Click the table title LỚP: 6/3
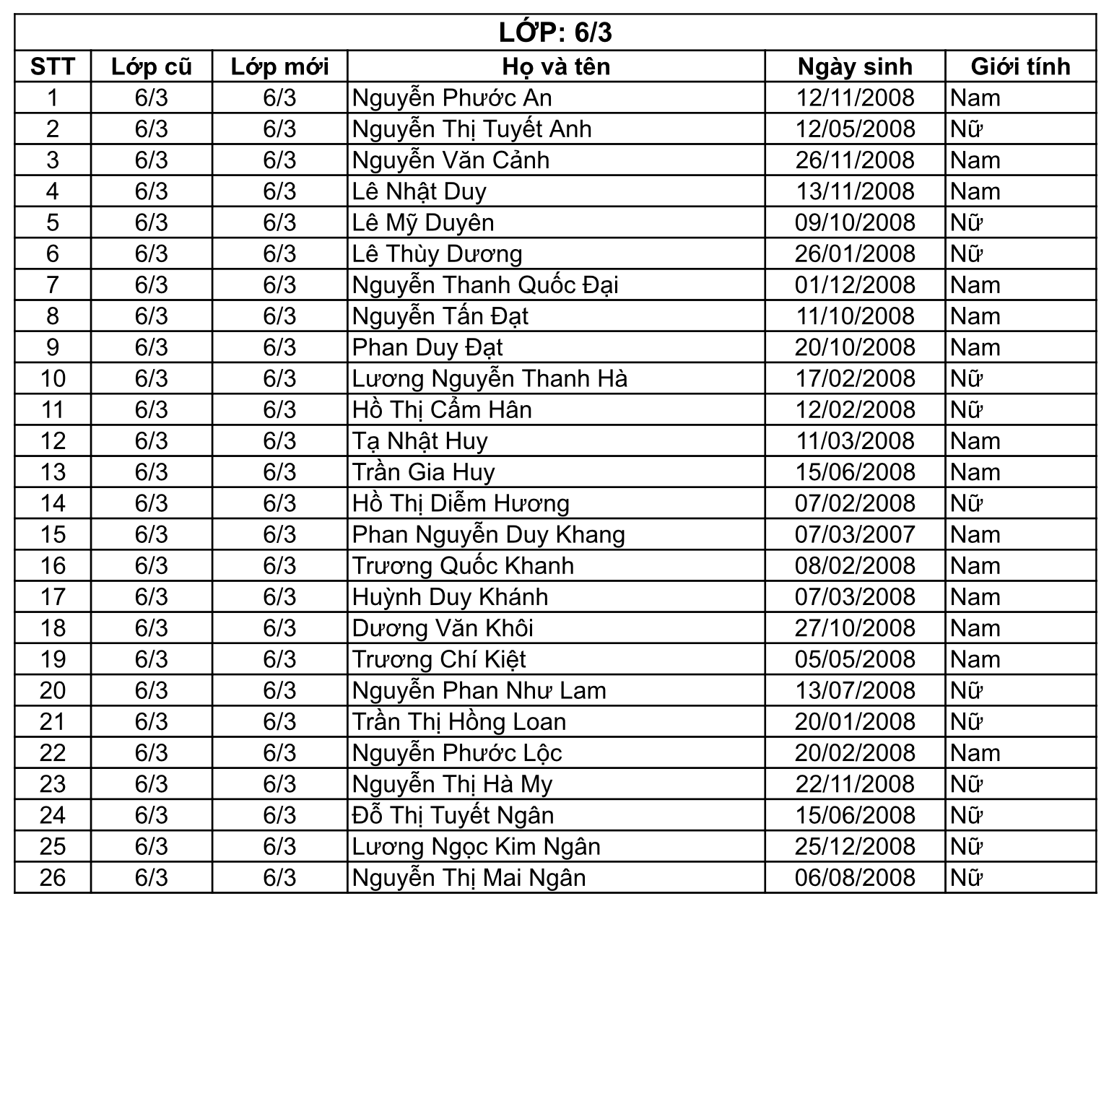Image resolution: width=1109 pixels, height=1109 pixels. (554, 32)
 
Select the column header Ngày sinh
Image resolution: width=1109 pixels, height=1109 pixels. (855, 66)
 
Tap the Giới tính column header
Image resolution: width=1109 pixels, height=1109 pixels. (1020, 66)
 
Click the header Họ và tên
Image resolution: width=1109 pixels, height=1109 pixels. (556, 66)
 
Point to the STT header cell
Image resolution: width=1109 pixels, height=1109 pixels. (53, 66)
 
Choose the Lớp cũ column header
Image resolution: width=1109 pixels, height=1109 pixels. (152, 66)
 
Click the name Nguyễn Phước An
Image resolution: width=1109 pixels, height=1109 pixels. (452, 98)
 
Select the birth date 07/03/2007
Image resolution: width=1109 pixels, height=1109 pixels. (855, 535)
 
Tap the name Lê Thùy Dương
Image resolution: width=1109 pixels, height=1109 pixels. (437, 254)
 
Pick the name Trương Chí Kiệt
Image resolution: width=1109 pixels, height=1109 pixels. (439, 660)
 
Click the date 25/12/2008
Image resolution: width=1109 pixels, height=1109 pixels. (855, 847)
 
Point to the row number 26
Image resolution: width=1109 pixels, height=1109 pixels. (53, 878)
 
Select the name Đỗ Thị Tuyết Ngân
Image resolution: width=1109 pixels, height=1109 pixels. (453, 816)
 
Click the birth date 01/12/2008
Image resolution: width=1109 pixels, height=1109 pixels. (855, 285)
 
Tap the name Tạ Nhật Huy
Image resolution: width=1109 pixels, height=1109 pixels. (419, 441)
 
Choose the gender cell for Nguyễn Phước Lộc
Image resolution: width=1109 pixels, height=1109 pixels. (975, 753)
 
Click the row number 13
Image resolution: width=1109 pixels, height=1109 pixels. (53, 472)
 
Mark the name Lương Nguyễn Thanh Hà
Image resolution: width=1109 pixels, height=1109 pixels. (490, 379)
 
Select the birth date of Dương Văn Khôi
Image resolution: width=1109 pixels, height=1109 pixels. (855, 628)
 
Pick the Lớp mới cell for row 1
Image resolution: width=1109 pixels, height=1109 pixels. (279, 98)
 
